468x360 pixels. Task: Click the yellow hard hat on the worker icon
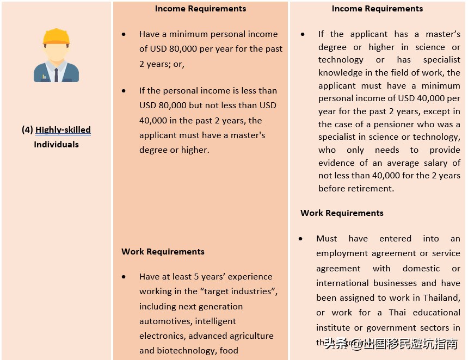57,37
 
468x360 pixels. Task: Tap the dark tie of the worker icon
56,74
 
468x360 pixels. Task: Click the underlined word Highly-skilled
63,130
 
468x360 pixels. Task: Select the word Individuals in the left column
56,145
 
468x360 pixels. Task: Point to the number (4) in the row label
27,130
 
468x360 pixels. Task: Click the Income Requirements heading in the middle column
200,9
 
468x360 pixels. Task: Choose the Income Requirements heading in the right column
377,9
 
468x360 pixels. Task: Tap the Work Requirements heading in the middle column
163,252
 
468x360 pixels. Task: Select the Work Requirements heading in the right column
342,213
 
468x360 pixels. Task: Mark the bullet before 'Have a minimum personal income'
124,34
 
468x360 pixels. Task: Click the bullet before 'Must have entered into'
301,239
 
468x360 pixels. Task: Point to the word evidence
336,163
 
